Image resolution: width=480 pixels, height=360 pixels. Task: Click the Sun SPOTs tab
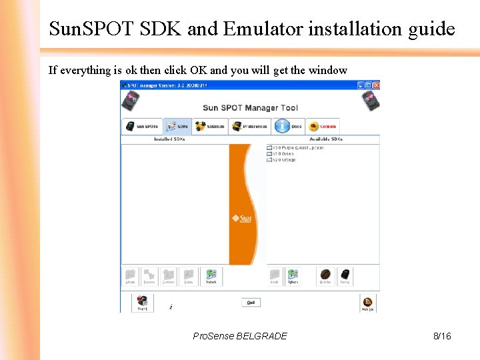pyautogui.click(x=141, y=126)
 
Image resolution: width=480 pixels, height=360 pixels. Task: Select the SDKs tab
pyautogui.click(x=177, y=126)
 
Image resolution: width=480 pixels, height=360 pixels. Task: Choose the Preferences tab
pyautogui.click(x=249, y=126)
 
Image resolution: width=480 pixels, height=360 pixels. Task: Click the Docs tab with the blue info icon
pyautogui.click(x=289, y=126)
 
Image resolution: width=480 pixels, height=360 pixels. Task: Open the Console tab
pyautogui.click(x=323, y=126)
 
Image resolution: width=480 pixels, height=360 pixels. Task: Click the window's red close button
pyautogui.click(x=376, y=85)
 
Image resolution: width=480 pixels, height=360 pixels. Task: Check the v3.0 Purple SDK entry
pyautogui.click(x=269, y=147)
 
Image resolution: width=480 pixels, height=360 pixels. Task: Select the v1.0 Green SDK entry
pyautogui.click(x=269, y=153)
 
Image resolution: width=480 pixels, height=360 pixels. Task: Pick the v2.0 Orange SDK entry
pyautogui.click(x=269, y=160)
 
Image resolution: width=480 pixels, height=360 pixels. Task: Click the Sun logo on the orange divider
pyautogui.click(x=241, y=218)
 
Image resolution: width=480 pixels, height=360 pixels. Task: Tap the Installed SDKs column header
pyautogui.click(x=169, y=139)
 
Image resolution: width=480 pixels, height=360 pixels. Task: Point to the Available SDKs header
pyautogui.click(x=326, y=139)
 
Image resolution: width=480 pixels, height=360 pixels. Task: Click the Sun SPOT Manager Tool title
pyautogui.click(x=250, y=107)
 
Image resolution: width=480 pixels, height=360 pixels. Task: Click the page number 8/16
pyautogui.click(x=442, y=336)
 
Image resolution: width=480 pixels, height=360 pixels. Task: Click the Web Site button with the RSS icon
pyautogui.click(x=367, y=303)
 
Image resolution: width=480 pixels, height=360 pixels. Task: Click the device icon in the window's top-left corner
pyautogui.click(x=130, y=101)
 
